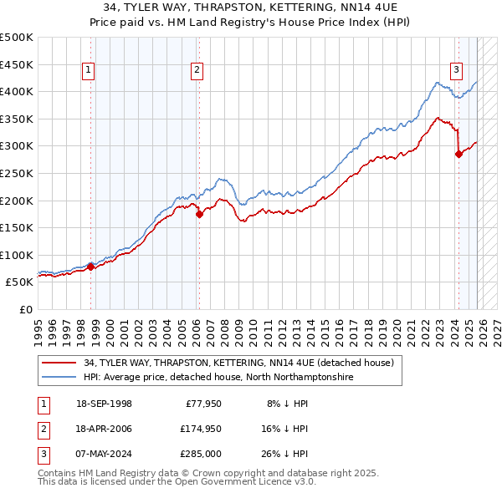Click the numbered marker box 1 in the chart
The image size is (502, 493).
click(90, 71)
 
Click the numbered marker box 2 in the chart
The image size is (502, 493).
click(197, 71)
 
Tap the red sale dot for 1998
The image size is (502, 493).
click(90, 267)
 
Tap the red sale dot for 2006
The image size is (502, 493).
click(198, 214)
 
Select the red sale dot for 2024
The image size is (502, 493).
click(458, 154)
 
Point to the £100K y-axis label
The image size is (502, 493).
click(17, 255)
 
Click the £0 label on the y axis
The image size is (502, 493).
click(25, 309)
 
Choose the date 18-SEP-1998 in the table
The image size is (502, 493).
click(104, 404)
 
